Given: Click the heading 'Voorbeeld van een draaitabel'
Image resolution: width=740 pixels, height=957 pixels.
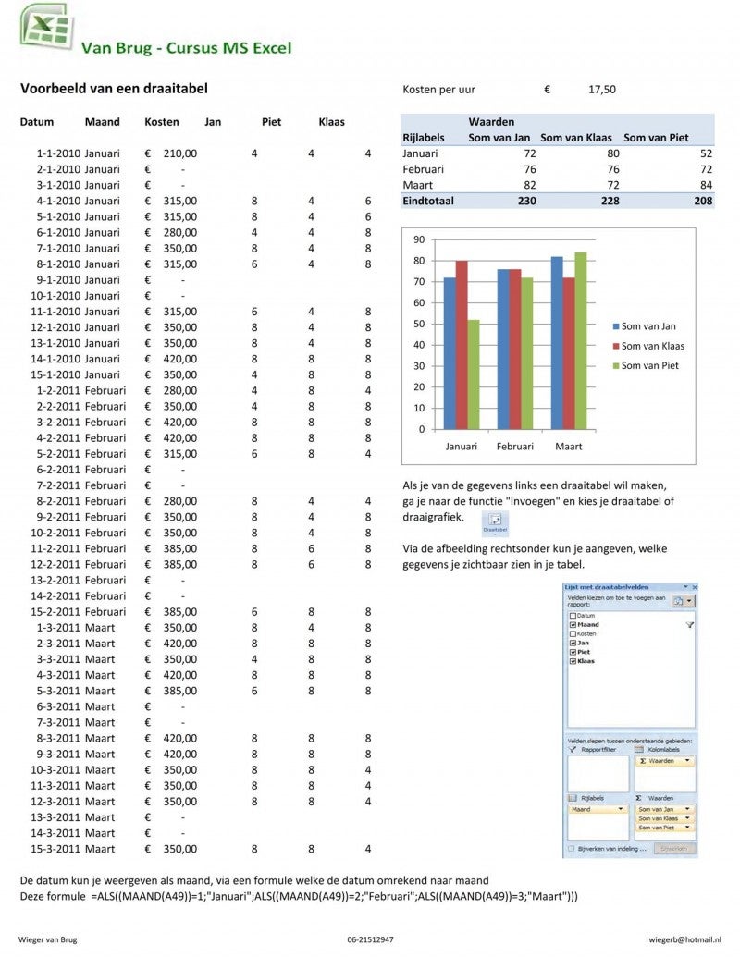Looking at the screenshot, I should tap(114, 89).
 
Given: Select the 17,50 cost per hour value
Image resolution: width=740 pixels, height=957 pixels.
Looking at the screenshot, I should tap(601, 90).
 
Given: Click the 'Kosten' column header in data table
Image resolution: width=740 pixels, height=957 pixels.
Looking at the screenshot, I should tap(162, 122).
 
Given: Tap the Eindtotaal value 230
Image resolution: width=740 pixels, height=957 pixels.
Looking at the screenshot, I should tap(526, 201).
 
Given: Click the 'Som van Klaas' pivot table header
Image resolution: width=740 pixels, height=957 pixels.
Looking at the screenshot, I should tap(577, 138).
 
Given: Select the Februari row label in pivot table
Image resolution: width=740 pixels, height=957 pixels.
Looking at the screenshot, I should tap(424, 169).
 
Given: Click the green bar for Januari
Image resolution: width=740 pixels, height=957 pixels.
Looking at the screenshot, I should tap(475, 374).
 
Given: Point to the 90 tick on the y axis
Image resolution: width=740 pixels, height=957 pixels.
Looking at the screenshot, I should tap(418, 239).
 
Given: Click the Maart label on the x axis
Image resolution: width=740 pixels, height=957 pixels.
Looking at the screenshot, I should tap(568, 447).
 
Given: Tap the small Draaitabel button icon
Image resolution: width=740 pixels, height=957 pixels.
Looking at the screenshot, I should tap(495, 522).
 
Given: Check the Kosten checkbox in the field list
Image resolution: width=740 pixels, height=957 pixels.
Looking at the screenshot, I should tap(573, 634).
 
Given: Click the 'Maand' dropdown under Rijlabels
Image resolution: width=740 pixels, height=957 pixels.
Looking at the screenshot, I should tap(597, 809).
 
